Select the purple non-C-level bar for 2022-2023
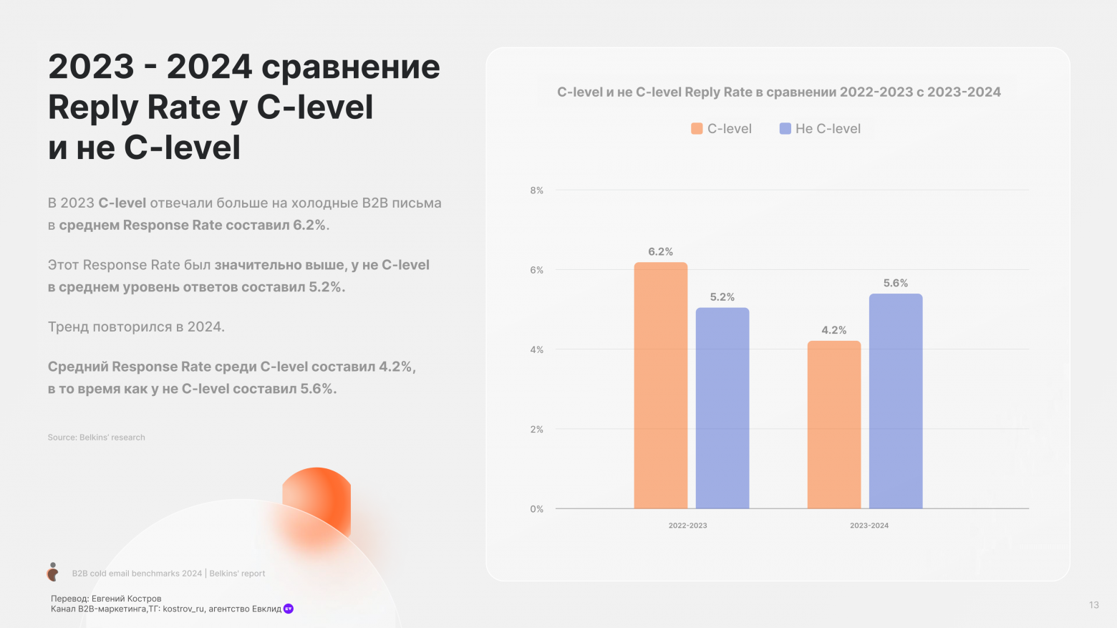[x=722, y=408]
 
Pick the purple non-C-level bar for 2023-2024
[x=895, y=401]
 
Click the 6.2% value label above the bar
[x=660, y=252]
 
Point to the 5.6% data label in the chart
[x=895, y=284]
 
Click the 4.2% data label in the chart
[x=833, y=330]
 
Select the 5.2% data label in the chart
[x=722, y=297]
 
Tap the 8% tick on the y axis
[x=536, y=190]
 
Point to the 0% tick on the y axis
[x=536, y=509]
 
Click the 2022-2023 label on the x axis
[x=687, y=526]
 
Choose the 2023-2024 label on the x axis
[x=869, y=526]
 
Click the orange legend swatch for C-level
[x=697, y=129]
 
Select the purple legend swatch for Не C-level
[x=785, y=129]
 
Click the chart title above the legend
[x=778, y=92]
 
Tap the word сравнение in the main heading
[x=350, y=67]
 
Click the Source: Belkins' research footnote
[x=97, y=438]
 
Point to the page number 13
[x=1093, y=605]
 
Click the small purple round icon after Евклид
[x=289, y=609]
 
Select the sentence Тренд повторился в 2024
[x=136, y=327]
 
